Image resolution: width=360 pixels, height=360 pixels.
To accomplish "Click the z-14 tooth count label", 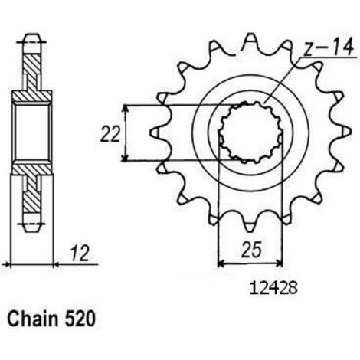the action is coord(329,47).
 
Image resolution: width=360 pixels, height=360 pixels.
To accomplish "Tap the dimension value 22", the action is coord(110,134).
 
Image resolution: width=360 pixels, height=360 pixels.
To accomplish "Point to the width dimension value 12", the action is coord(80,254).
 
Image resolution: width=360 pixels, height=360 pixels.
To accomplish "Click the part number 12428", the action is coord(273,289).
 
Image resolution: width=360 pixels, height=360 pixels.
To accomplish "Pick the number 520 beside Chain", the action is coord(80,319).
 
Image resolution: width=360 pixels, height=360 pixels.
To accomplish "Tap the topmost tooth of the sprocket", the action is coord(250,41).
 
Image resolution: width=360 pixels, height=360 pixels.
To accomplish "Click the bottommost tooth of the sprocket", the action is coord(250,224).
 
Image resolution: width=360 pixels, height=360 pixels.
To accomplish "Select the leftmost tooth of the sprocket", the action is coord(156,133).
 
